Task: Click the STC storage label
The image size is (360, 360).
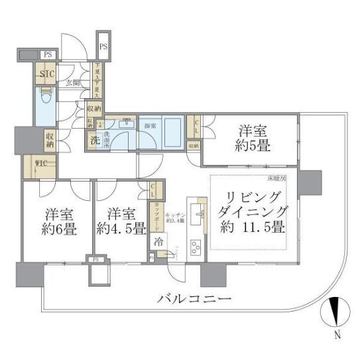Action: (x=47, y=74)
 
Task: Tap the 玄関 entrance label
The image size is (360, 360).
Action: (x=72, y=84)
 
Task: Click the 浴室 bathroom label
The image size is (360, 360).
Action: (x=150, y=126)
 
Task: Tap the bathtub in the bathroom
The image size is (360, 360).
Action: (x=170, y=133)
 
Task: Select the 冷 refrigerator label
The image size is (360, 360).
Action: (x=159, y=242)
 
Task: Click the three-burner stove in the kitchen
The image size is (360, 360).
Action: (x=197, y=248)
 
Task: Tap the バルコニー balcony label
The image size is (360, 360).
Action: (x=194, y=300)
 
